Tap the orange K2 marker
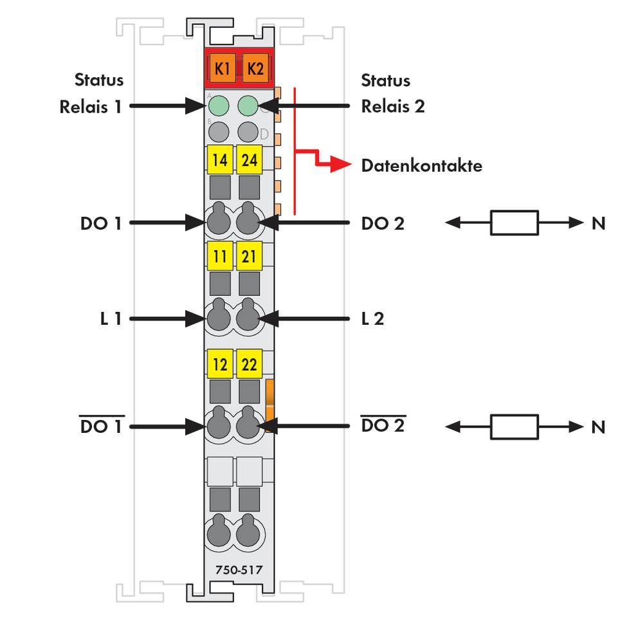pyautogui.click(x=255, y=69)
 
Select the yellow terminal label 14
pyautogui.click(x=220, y=160)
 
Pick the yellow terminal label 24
pyautogui.click(x=249, y=160)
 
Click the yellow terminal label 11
pyautogui.click(x=220, y=257)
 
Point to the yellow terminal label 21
pyautogui.click(x=249, y=257)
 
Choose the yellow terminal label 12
pyautogui.click(x=220, y=365)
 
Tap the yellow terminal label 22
pyautogui.click(x=249, y=365)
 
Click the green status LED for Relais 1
pyautogui.click(x=220, y=105)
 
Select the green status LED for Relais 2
pyautogui.click(x=248, y=105)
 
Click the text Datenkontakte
pyautogui.click(x=421, y=166)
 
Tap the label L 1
pyautogui.click(x=111, y=318)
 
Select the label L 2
pyautogui.click(x=372, y=318)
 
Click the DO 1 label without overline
pyautogui.click(x=100, y=223)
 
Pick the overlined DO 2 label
pyautogui.click(x=383, y=426)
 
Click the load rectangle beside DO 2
pyautogui.click(x=514, y=223)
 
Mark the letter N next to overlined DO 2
pyautogui.click(x=597, y=426)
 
